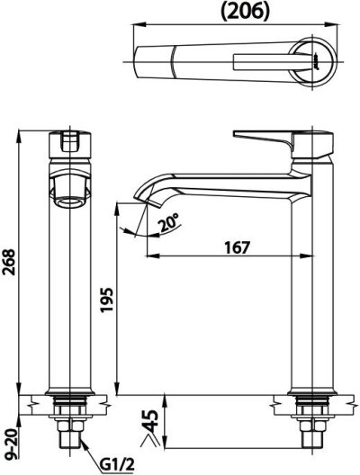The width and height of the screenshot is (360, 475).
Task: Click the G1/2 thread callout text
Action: point(116,464)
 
